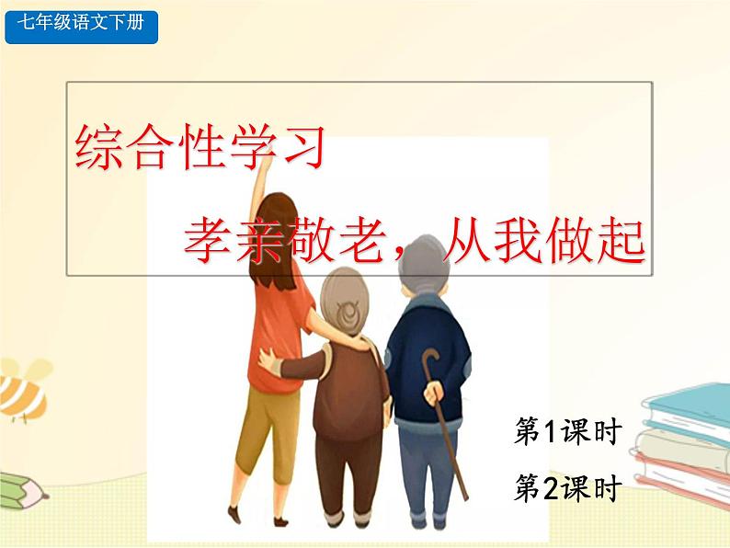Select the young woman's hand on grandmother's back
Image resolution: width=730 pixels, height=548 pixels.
pos(268,360)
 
